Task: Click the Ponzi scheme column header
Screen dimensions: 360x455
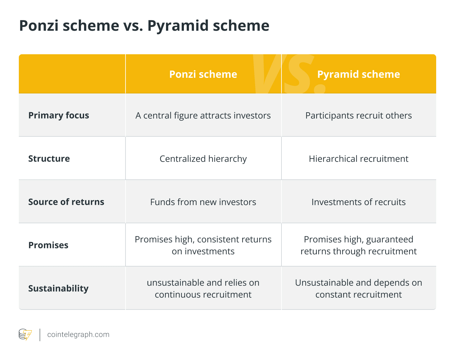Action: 203,74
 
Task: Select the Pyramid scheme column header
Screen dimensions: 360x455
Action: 358,74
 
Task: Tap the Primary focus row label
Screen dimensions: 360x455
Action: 59,115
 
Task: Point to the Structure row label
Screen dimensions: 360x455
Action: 49,159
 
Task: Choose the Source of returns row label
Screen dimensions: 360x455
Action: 66,202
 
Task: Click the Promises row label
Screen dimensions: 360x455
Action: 48,245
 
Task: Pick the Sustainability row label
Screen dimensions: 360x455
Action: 58,289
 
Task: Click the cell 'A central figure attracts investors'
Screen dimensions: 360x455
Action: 203,115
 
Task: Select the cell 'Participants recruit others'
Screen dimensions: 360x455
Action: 358,115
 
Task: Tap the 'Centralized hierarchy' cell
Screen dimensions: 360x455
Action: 203,159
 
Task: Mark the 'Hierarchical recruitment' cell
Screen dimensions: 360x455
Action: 358,159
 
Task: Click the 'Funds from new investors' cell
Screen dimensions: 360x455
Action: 203,202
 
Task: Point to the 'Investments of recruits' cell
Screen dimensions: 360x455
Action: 358,202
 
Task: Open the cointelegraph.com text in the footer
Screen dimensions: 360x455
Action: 78,335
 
